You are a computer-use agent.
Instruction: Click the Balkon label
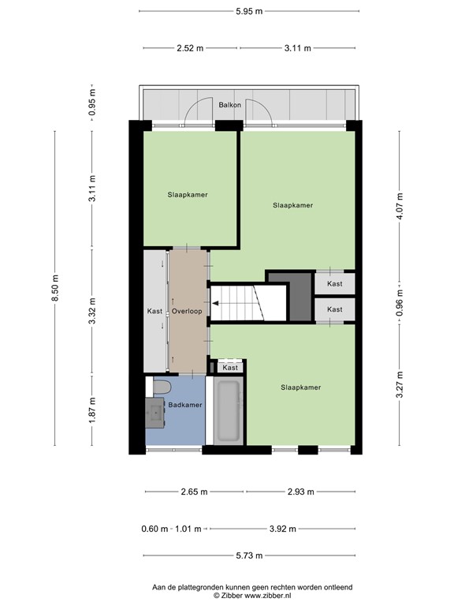tap(230, 105)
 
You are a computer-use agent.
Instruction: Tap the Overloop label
tap(188, 311)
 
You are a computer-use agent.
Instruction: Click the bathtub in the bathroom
tap(229, 412)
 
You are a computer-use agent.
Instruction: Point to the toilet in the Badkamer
tap(162, 387)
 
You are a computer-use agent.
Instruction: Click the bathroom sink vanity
tap(154, 411)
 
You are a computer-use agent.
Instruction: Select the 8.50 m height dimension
tap(54, 289)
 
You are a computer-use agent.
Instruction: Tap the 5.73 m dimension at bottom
tap(248, 556)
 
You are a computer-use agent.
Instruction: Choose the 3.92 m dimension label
tap(303, 529)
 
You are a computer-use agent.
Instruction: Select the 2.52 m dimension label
tap(189, 48)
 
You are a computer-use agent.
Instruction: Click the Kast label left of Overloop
tap(154, 311)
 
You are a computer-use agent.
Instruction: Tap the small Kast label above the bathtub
tap(230, 368)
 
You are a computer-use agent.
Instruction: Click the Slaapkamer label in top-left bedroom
tap(188, 193)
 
